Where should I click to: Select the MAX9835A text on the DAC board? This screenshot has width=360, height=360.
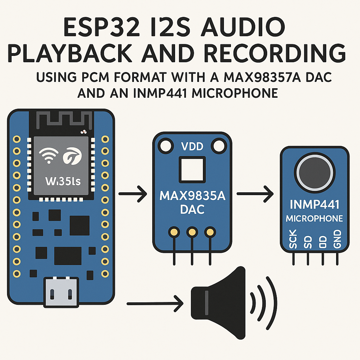192,196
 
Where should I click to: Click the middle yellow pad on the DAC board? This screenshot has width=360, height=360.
192,232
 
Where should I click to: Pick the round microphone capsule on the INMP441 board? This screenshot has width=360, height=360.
314,173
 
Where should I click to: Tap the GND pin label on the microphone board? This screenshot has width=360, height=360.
337,239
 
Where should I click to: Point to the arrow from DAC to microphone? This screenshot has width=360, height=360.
255,193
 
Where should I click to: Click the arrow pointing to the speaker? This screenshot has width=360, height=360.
155,303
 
